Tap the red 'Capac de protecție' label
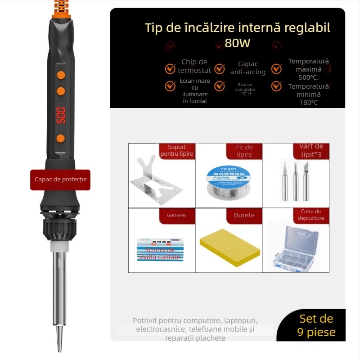click(60, 180)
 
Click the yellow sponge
click(229, 248)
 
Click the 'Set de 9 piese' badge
click(316, 326)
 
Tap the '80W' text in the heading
click(237, 44)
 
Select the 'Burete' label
click(244, 215)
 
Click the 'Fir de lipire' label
click(244, 151)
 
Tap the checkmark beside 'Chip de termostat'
click(170, 69)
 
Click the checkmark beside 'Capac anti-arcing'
click(219, 69)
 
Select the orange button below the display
click(60, 138)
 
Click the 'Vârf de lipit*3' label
click(311, 151)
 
